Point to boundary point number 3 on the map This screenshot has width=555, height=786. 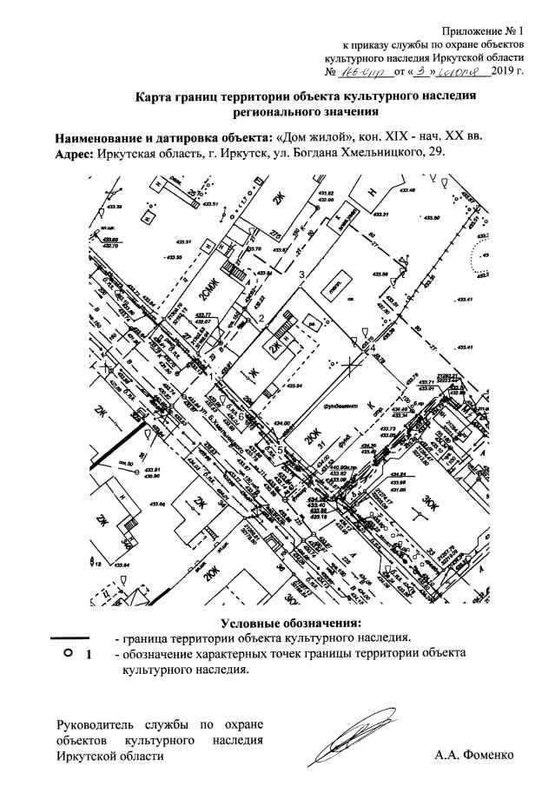tap(301, 274)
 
